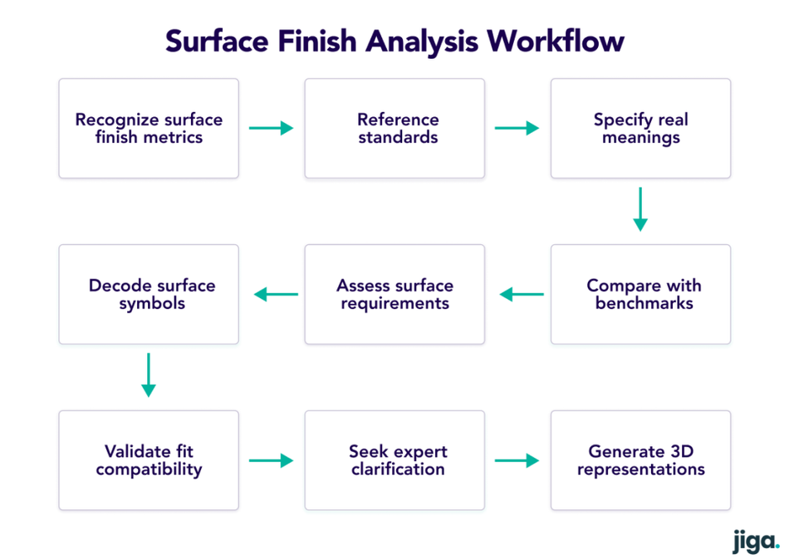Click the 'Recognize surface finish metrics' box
[x=149, y=128]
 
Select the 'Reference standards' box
[x=394, y=128]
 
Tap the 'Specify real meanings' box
[x=640, y=128]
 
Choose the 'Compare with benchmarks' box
[x=640, y=294]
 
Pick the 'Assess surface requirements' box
[x=394, y=294]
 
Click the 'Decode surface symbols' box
[x=149, y=294]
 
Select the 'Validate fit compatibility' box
[x=149, y=460]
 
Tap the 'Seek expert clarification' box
[x=394, y=460]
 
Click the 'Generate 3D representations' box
[x=640, y=460]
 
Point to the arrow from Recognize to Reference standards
[x=272, y=128]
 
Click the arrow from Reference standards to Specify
[x=517, y=128]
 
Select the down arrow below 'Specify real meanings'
[x=640, y=209]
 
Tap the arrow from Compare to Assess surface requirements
[x=522, y=294]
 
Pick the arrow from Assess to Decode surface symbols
[x=276, y=294]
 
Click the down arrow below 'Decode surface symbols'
[x=149, y=375]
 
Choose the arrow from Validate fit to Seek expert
[x=272, y=460]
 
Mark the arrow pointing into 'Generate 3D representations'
[x=517, y=460]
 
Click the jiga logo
[x=756, y=542]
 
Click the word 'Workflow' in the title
[x=556, y=41]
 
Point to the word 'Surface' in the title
[x=217, y=41]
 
